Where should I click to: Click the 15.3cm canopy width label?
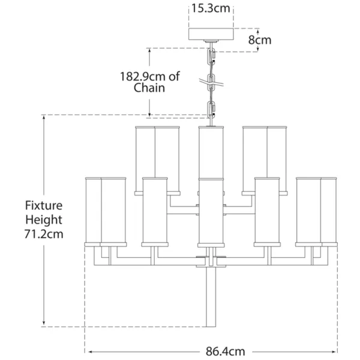coord(211,8)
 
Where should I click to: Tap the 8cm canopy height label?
coord(260,40)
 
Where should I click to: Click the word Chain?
coord(149,88)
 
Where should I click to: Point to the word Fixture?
coord(44,205)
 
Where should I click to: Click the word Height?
coord(44,220)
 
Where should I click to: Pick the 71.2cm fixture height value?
coord(44,234)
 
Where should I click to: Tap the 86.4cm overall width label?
coord(225,352)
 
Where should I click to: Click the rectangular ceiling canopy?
coord(211,34)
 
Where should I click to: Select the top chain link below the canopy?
coord(211,56)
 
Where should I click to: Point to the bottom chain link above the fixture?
coord(211,110)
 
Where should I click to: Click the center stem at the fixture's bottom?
coord(211,296)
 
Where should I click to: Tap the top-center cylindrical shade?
coord(211,152)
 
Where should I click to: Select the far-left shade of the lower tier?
coord(93,212)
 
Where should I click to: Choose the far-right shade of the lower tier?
coord(329,212)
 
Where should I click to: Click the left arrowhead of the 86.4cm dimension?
coord(91,352)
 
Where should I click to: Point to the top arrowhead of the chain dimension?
coord(149,51)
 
